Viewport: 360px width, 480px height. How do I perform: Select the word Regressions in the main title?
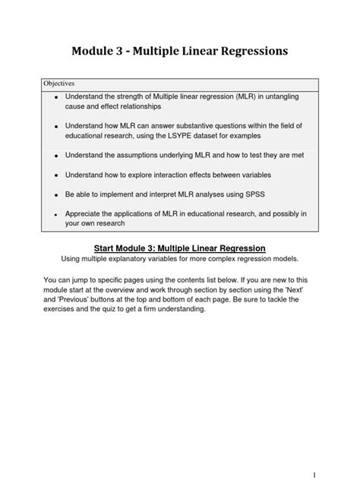(x=247, y=52)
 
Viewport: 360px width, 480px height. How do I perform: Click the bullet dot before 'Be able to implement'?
(x=56, y=194)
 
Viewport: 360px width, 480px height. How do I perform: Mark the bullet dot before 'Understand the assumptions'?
(x=56, y=156)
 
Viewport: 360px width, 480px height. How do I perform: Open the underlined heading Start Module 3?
(x=178, y=248)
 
